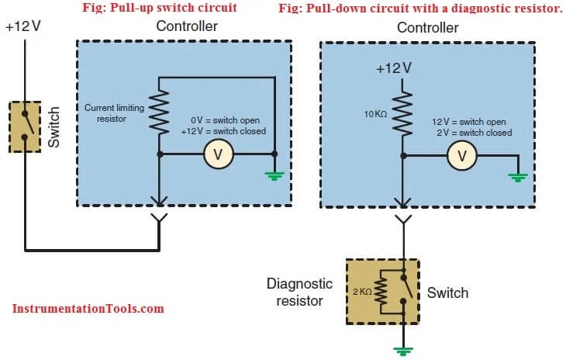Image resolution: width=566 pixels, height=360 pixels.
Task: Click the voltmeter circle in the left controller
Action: pos(218,156)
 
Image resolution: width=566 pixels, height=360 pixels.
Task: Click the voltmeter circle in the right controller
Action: pos(463,156)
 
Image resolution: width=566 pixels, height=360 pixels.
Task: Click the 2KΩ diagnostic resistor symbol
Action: pos(381,294)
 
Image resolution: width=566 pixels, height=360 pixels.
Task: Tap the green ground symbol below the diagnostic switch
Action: pos(402,350)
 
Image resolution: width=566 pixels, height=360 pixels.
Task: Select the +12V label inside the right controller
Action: pos(393,67)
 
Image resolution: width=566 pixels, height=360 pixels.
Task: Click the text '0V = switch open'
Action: pos(228,120)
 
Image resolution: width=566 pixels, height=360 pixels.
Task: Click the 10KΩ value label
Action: pos(375,114)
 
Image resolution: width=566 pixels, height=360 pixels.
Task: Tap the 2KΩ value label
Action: pos(361,293)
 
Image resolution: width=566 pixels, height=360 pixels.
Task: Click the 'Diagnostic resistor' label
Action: pos(299,292)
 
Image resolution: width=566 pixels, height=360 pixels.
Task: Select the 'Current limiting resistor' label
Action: pos(114,113)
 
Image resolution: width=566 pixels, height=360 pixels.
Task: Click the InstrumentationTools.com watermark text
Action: pos(88,308)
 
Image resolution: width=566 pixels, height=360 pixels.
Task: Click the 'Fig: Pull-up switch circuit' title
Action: pos(159,8)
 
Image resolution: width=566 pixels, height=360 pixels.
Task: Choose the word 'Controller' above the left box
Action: pos(187,26)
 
